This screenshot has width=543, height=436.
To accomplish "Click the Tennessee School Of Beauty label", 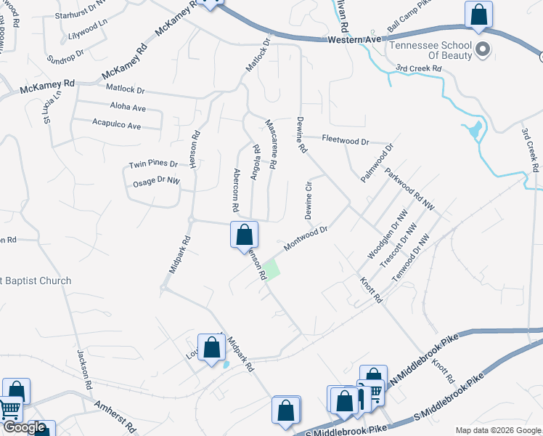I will point(431,51).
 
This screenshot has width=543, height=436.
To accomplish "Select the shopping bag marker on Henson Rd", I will point(245,235).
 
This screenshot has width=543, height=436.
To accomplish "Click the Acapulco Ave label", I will point(116,125).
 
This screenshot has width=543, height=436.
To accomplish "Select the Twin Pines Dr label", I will point(153,164).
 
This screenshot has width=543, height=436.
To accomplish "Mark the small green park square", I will point(271,270).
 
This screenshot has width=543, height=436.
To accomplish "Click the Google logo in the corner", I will point(23,428).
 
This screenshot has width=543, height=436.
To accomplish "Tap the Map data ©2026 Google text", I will point(497,430).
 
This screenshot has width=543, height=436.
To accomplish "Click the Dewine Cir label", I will point(308,199).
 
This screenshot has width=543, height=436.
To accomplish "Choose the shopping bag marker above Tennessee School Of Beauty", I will point(478,15).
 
